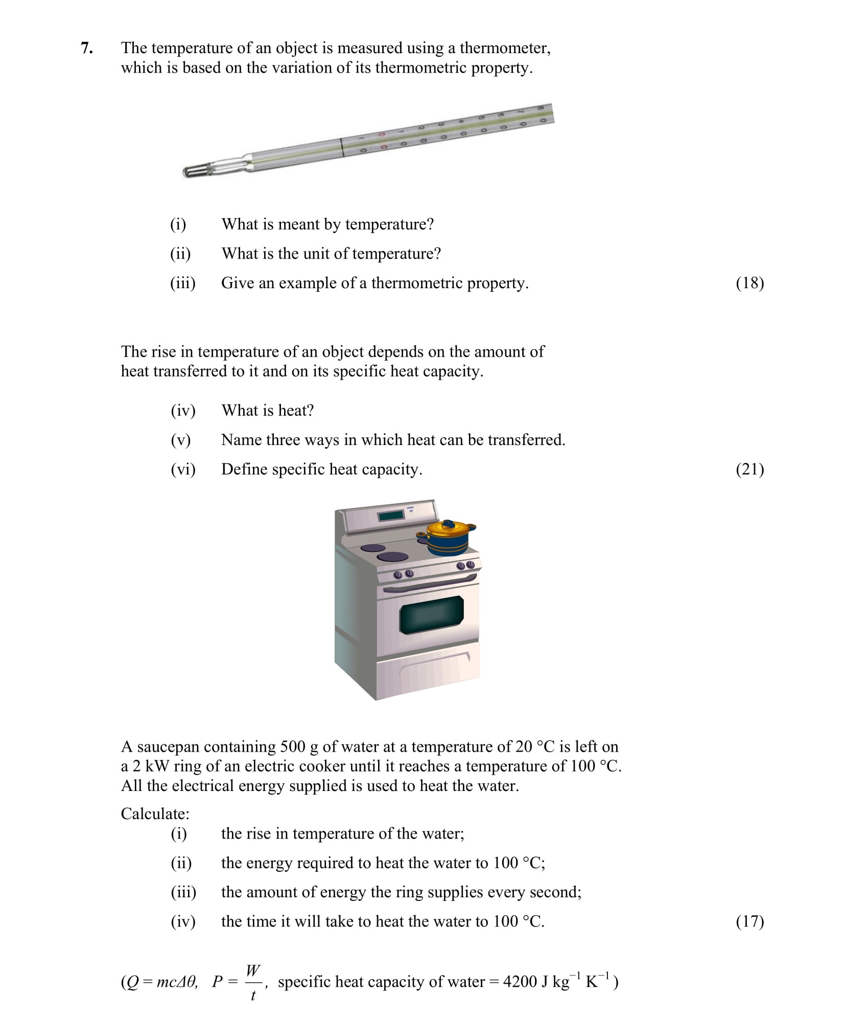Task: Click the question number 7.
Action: coord(86,48)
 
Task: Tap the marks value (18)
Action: coord(749,283)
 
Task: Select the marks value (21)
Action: coord(749,469)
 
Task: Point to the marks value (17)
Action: coord(749,921)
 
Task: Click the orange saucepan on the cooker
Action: coord(448,538)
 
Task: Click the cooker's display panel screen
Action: coord(391,516)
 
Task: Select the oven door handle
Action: coord(429,584)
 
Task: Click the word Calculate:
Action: coord(155,813)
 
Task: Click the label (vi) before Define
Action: coord(183,469)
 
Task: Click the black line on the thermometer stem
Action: coord(341,148)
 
